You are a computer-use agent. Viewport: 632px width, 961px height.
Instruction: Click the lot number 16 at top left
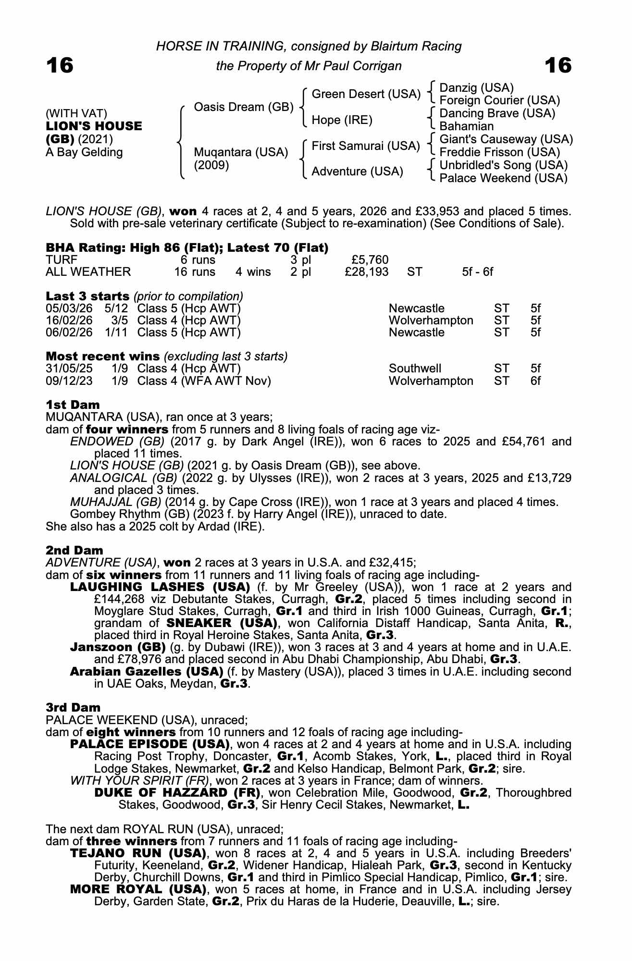pos(60,65)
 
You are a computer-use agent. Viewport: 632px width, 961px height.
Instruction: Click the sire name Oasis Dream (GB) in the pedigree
pos(243,107)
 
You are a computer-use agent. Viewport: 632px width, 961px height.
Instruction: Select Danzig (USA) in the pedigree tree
pos(476,88)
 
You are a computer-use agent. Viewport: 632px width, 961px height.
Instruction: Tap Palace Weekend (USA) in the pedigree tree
pos(503,178)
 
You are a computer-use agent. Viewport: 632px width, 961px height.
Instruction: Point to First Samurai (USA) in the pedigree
pos(366,146)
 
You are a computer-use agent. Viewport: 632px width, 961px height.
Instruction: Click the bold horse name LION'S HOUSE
pos(94,126)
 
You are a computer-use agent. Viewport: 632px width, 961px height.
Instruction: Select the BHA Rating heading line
pos(187,248)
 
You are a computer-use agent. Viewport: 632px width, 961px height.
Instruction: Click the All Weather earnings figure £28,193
pos(367,272)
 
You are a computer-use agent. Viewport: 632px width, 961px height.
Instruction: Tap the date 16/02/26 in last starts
pos(69,320)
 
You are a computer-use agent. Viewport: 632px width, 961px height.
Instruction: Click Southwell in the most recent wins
pos(415,369)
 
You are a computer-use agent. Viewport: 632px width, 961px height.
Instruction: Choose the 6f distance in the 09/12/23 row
pos(535,381)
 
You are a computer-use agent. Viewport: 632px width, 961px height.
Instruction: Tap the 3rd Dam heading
pos(73,707)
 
